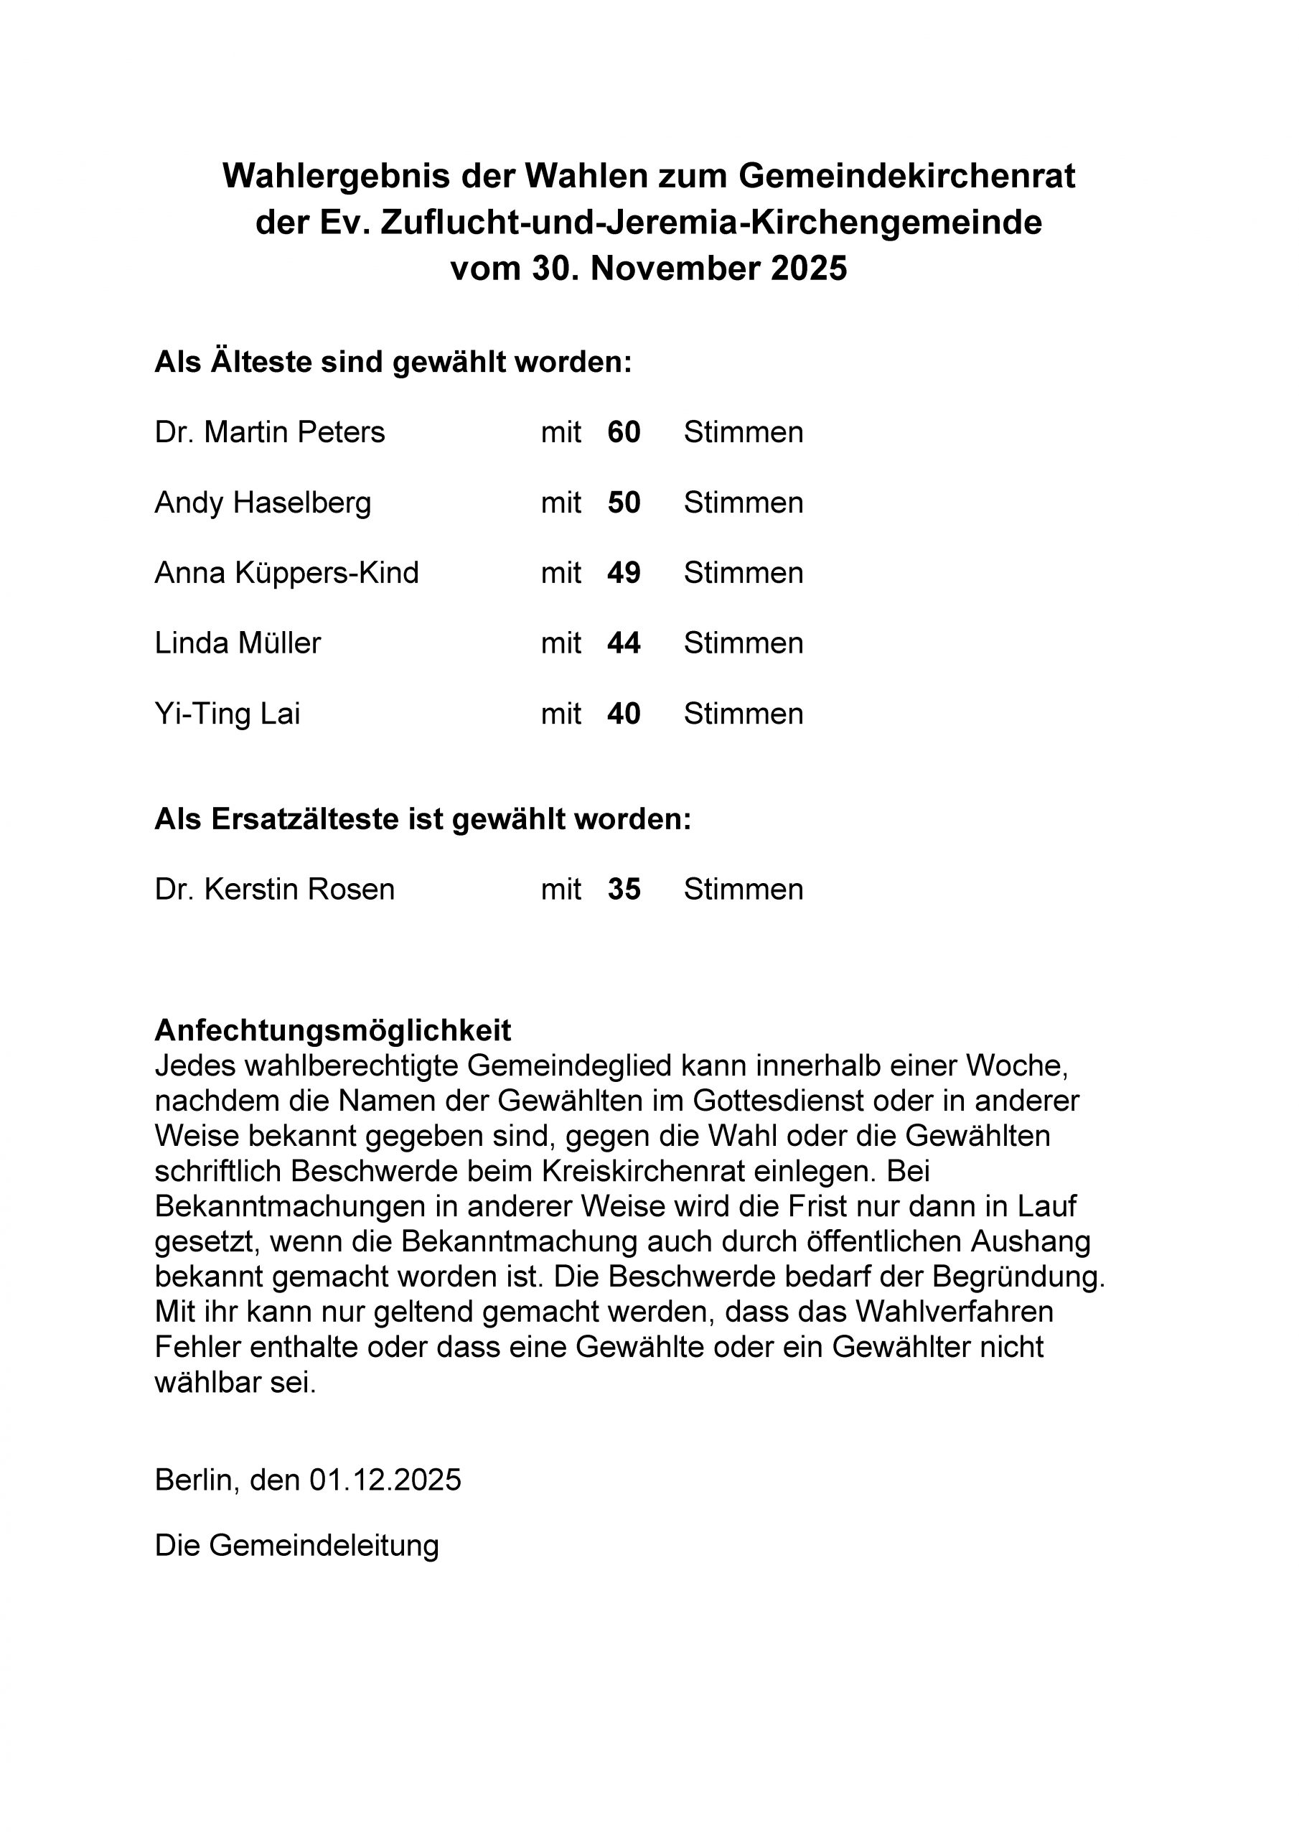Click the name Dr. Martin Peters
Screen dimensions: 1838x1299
coord(270,432)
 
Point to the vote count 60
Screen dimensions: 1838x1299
coord(624,432)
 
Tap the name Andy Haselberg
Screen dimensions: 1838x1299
coord(263,503)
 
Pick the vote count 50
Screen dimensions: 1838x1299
coord(624,503)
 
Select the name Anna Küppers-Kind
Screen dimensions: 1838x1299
coord(286,573)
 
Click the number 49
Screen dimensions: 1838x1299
coord(624,573)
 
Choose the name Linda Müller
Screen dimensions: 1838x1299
coord(238,643)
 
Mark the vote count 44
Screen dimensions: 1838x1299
coord(624,643)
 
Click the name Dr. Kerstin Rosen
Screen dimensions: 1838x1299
coord(275,890)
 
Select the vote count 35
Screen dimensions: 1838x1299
coord(624,890)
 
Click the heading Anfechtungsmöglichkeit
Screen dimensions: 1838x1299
coord(333,1030)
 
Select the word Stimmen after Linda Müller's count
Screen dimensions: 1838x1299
coord(743,643)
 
